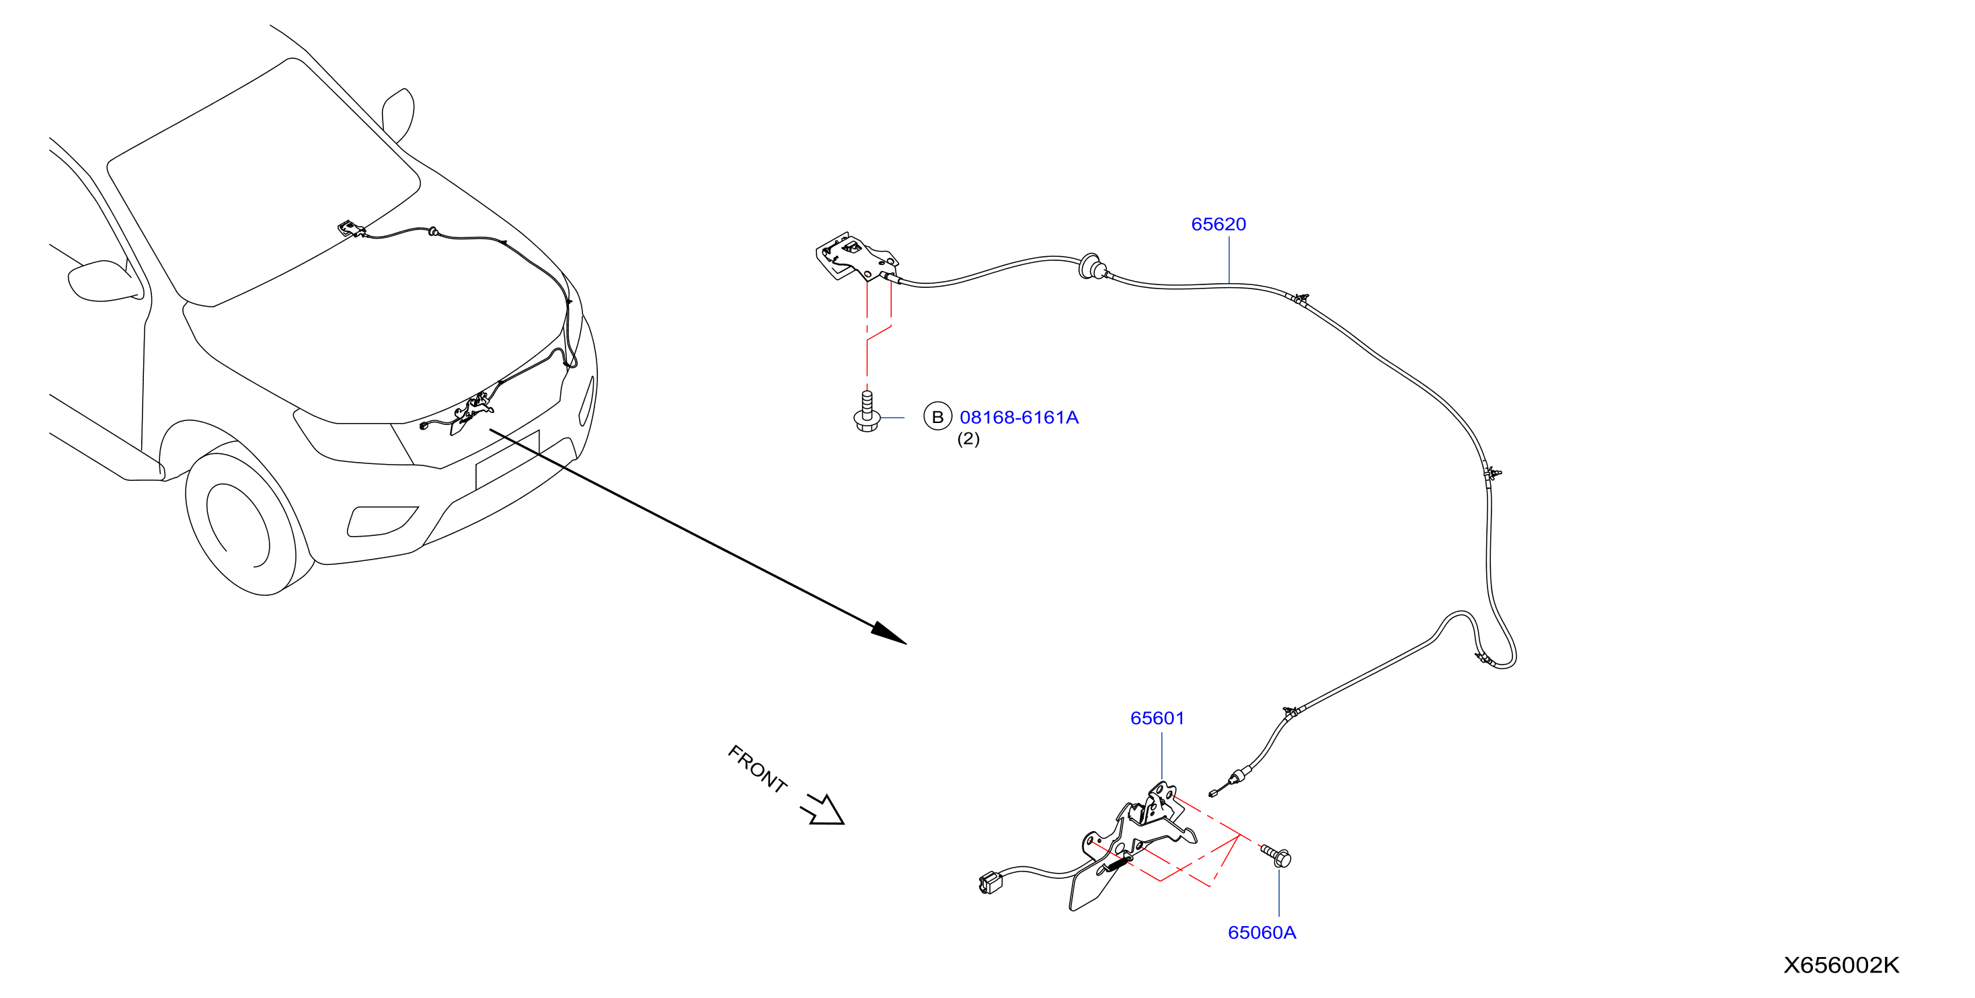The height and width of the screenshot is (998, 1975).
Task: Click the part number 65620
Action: tap(1218, 224)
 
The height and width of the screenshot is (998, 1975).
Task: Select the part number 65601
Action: tap(1157, 718)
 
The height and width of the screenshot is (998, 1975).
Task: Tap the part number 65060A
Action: tap(1262, 933)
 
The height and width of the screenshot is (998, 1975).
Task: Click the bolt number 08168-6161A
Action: tap(1019, 417)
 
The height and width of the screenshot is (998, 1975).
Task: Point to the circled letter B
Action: tap(937, 417)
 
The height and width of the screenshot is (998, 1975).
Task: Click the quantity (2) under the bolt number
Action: tap(968, 438)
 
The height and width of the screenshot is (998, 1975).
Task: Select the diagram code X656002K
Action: tap(1841, 965)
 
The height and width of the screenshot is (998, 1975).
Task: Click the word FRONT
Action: tap(757, 768)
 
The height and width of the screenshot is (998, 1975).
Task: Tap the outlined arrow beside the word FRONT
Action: tap(822, 810)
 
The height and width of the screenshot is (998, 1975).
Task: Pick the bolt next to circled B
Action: tap(866, 412)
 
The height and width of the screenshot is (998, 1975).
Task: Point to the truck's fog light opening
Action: tap(382, 521)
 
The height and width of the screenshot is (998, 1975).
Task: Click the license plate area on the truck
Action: tap(508, 460)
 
